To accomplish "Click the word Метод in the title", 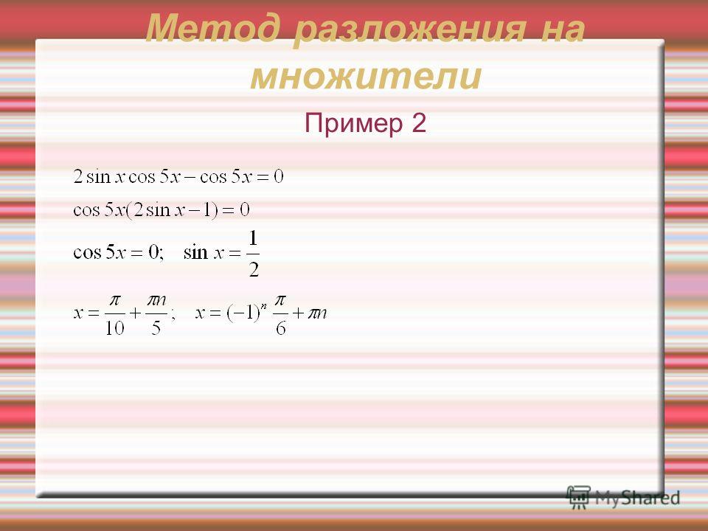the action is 217,28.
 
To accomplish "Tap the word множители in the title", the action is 366,76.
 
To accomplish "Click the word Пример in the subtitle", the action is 353,123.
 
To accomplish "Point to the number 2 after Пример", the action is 419,122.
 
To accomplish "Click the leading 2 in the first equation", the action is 77,176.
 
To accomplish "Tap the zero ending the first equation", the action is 279,176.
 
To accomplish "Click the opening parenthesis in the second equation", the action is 128,210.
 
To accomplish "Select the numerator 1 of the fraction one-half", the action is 253,238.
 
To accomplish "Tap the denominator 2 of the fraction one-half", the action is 254,270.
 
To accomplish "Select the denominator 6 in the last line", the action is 280,328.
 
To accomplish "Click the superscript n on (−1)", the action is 264,305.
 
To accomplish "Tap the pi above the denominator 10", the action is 115,300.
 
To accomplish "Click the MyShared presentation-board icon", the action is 578,498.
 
